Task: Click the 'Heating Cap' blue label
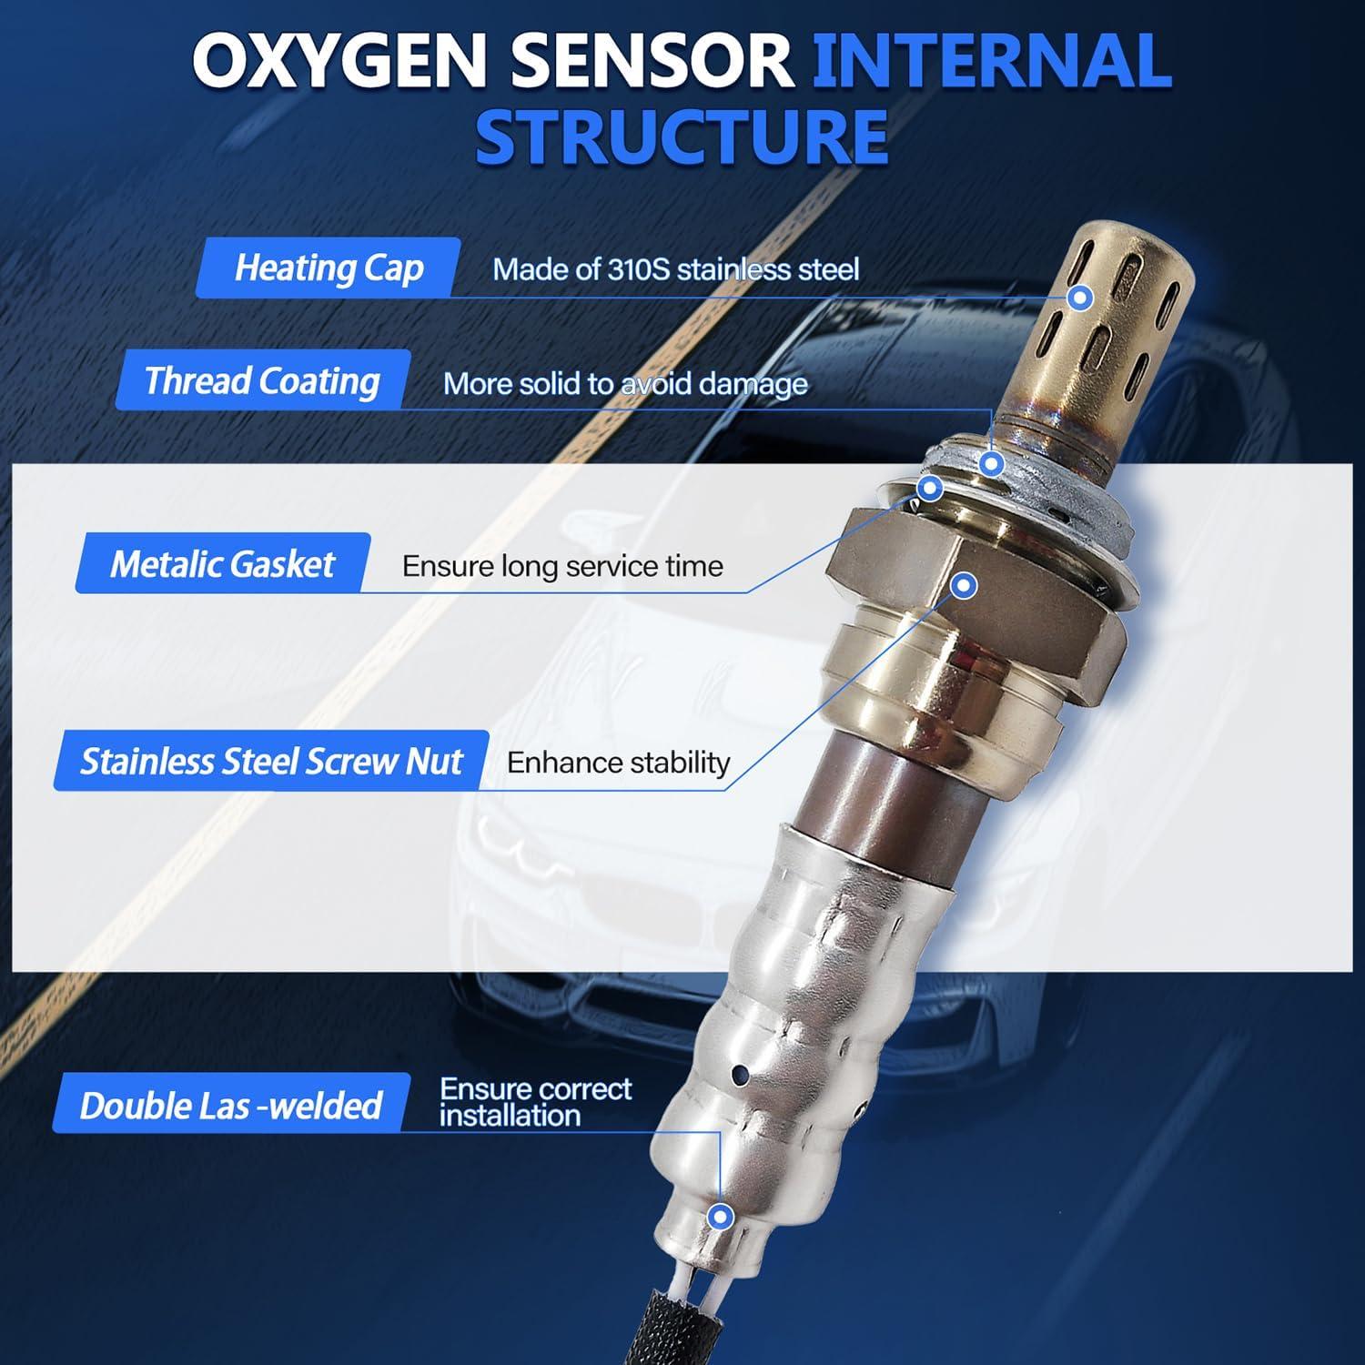coord(329,268)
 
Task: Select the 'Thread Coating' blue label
coord(262,380)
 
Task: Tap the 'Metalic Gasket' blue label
coord(222,564)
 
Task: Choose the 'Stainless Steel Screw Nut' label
coord(271,761)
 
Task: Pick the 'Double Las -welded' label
coord(230,1105)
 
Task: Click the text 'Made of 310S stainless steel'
coord(675,269)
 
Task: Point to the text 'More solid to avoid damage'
coord(625,383)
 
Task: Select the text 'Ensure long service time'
coord(562,566)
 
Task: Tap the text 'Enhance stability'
coord(618,763)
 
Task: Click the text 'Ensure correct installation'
coord(535,1102)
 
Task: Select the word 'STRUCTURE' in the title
coord(682,136)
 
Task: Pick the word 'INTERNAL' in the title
coord(991,62)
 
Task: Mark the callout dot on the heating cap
coord(1079,297)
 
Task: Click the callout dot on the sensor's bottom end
coord(721,1216)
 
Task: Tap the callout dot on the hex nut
coord(965,585)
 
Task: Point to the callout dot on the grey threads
coord(992,464)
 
